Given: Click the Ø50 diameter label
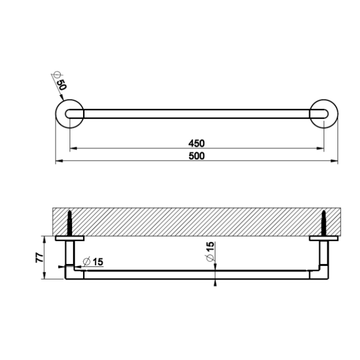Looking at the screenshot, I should point(59,80).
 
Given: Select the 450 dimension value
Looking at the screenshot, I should point(197,143).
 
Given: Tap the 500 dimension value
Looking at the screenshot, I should point(197,156).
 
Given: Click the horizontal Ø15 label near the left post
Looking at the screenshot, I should point(93,261).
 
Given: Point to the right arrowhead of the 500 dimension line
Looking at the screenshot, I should point(335,161).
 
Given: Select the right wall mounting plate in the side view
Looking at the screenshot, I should point(323,238).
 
